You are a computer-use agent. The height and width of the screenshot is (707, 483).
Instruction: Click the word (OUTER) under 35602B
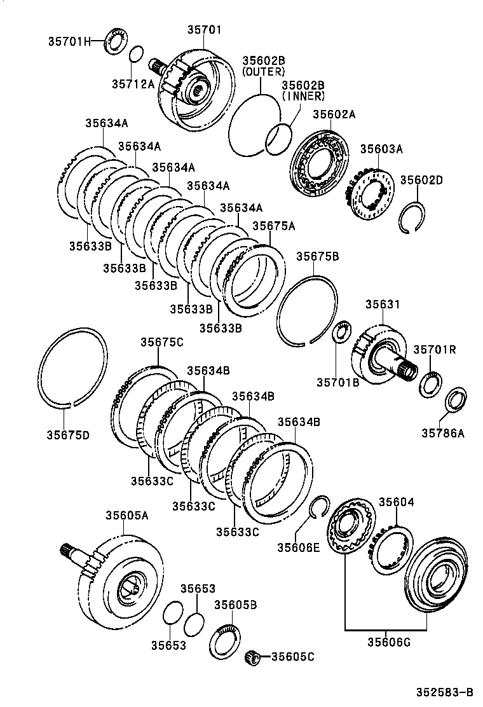point(263,72)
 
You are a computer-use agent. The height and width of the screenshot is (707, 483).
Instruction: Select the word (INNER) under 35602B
point(303,96)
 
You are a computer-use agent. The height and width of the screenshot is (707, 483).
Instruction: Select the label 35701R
point(435,349)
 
